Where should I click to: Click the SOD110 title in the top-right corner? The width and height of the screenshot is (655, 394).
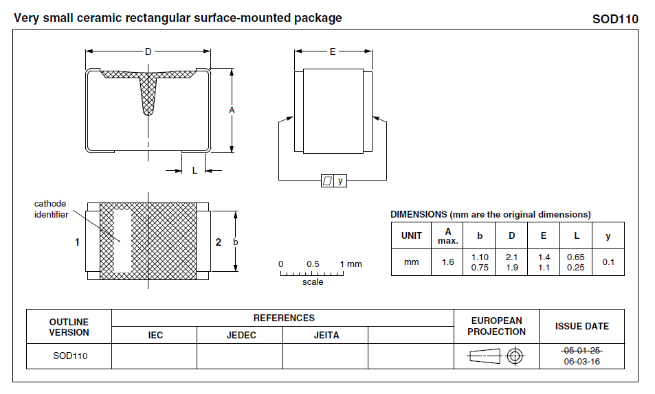tap(615, 19)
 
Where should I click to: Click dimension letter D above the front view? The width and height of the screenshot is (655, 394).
tap(148, 51)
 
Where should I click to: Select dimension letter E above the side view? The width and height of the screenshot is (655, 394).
tap(333, 51)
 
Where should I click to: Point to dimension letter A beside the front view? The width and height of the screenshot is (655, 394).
tap(232, 111)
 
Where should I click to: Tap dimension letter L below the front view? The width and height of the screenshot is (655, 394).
tap(195, 171)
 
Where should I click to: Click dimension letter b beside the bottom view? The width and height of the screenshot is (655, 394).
tap(236, 242)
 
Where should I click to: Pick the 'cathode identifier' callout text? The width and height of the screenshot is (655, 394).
tap(51, 209)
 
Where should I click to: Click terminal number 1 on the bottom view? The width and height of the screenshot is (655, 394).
tap(78, 242)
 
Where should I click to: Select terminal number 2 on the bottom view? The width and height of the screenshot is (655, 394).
tap(219, 242)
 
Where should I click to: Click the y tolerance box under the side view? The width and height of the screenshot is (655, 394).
tap(340, 181)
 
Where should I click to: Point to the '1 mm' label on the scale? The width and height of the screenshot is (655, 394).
tap(351, 264)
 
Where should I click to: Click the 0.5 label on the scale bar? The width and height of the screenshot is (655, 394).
tap(313, 264)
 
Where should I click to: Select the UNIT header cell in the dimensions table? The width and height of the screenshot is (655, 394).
tap(411, 235)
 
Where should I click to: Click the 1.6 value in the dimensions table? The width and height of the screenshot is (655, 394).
tap(448, 262)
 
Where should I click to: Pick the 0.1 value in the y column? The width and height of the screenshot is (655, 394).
tap(608, 262)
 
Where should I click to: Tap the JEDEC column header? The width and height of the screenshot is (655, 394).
tap(241, 336)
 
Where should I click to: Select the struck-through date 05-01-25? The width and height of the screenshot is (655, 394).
tap(582, 351)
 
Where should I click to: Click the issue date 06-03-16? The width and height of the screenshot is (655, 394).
tap(582, 361)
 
